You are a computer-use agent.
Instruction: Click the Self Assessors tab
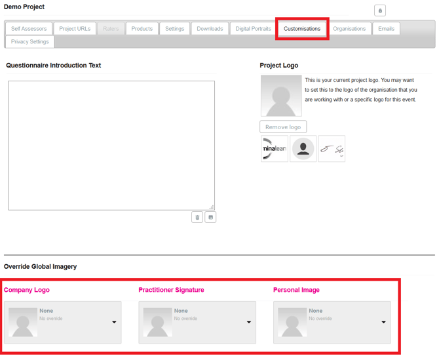click(x=29, y=29)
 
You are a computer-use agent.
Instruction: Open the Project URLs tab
click(x=75, y=29)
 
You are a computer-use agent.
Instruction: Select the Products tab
click(x=142, y=29)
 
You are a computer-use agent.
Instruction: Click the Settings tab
click(x=174, y=29)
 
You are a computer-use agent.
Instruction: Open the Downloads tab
click(x=210, y=29)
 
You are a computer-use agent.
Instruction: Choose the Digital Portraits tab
click(x=253, y=29)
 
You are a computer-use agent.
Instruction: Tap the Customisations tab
click(x=302, y=29)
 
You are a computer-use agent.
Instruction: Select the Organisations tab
click(x=349, y=29)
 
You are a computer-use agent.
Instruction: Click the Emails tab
click(x=386, y=29)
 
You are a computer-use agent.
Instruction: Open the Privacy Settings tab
click(x=30, y=41)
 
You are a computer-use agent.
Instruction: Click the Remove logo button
click(x=283, y=127)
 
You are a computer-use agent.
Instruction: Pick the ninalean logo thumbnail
click(x=275, y=149)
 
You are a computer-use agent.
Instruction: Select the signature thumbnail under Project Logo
click(x=332, y=149)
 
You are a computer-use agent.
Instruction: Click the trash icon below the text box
click(x=197, y=217)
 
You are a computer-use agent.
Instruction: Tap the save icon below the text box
click(x=210, y=217)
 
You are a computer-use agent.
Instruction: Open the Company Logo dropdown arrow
click(x=114, y=322)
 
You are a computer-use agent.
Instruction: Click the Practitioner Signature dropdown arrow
click(x=249, y=322)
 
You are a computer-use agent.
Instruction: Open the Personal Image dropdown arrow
click(x=383, y=322)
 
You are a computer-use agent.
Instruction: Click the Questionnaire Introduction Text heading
click(x=54, y=66)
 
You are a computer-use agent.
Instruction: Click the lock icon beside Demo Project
click(x=380, y=10)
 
